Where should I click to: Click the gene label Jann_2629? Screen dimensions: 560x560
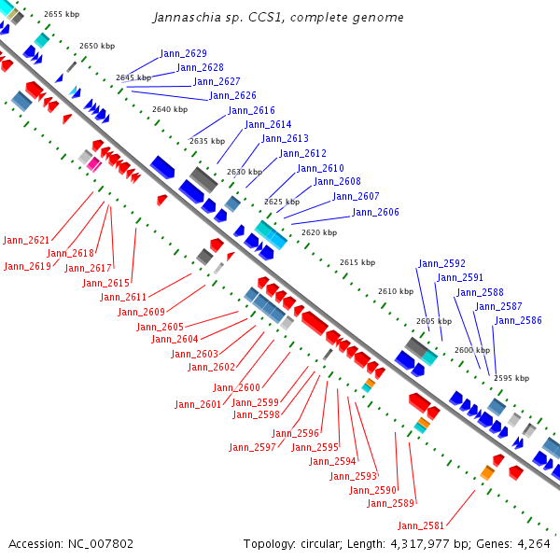[x=183, y=53]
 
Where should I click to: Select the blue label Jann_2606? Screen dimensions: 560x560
[x=375, y=212]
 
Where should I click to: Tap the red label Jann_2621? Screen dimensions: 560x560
[x=26, y=240]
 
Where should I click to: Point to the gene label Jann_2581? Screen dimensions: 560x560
[x=421, y=525]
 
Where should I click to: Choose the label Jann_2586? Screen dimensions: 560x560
[x=518, y=320]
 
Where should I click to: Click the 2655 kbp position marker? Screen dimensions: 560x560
[x=62, y=14]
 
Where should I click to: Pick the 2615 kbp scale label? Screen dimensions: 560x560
[x=357, y=262]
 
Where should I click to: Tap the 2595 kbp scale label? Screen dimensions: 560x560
[x=511, y=378]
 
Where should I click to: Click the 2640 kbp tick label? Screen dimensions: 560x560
[x=170, y=109]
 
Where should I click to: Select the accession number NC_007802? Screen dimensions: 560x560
[x=101, y=544]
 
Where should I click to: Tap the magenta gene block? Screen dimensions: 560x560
[x=94, y=164]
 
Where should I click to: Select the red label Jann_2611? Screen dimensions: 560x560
[x=123, y=297]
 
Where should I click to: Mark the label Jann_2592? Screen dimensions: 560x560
[x=441, y=263]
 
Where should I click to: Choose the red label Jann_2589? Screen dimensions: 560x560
[x=390, y=503]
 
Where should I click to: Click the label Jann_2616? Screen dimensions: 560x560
[x=251, y=110]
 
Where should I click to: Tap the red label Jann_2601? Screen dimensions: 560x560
[x=198, y=404]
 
